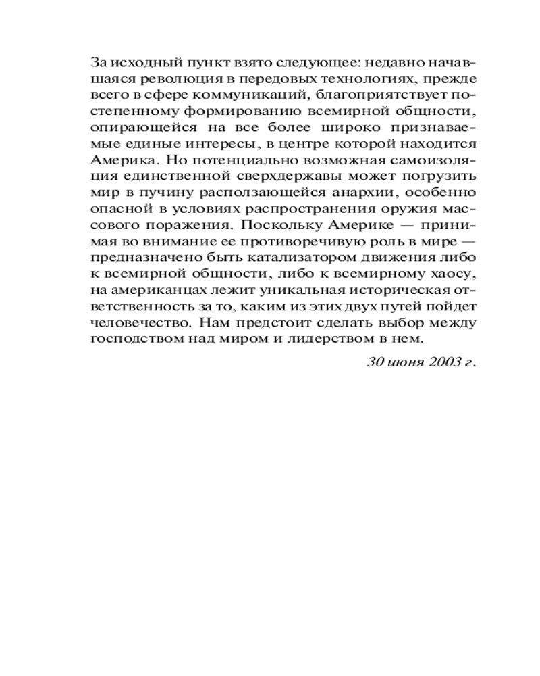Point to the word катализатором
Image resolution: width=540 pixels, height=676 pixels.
tap(265, 258)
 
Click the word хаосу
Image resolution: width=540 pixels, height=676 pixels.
tap(451, 274)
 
